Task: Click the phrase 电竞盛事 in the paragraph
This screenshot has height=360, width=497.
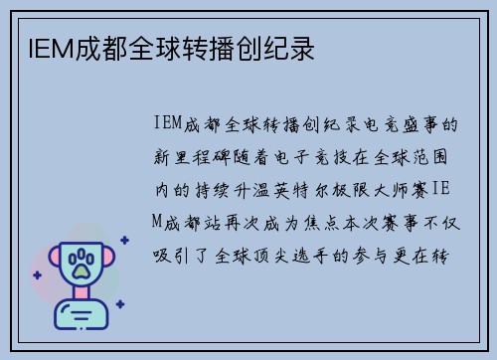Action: click(x=410, y=125)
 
